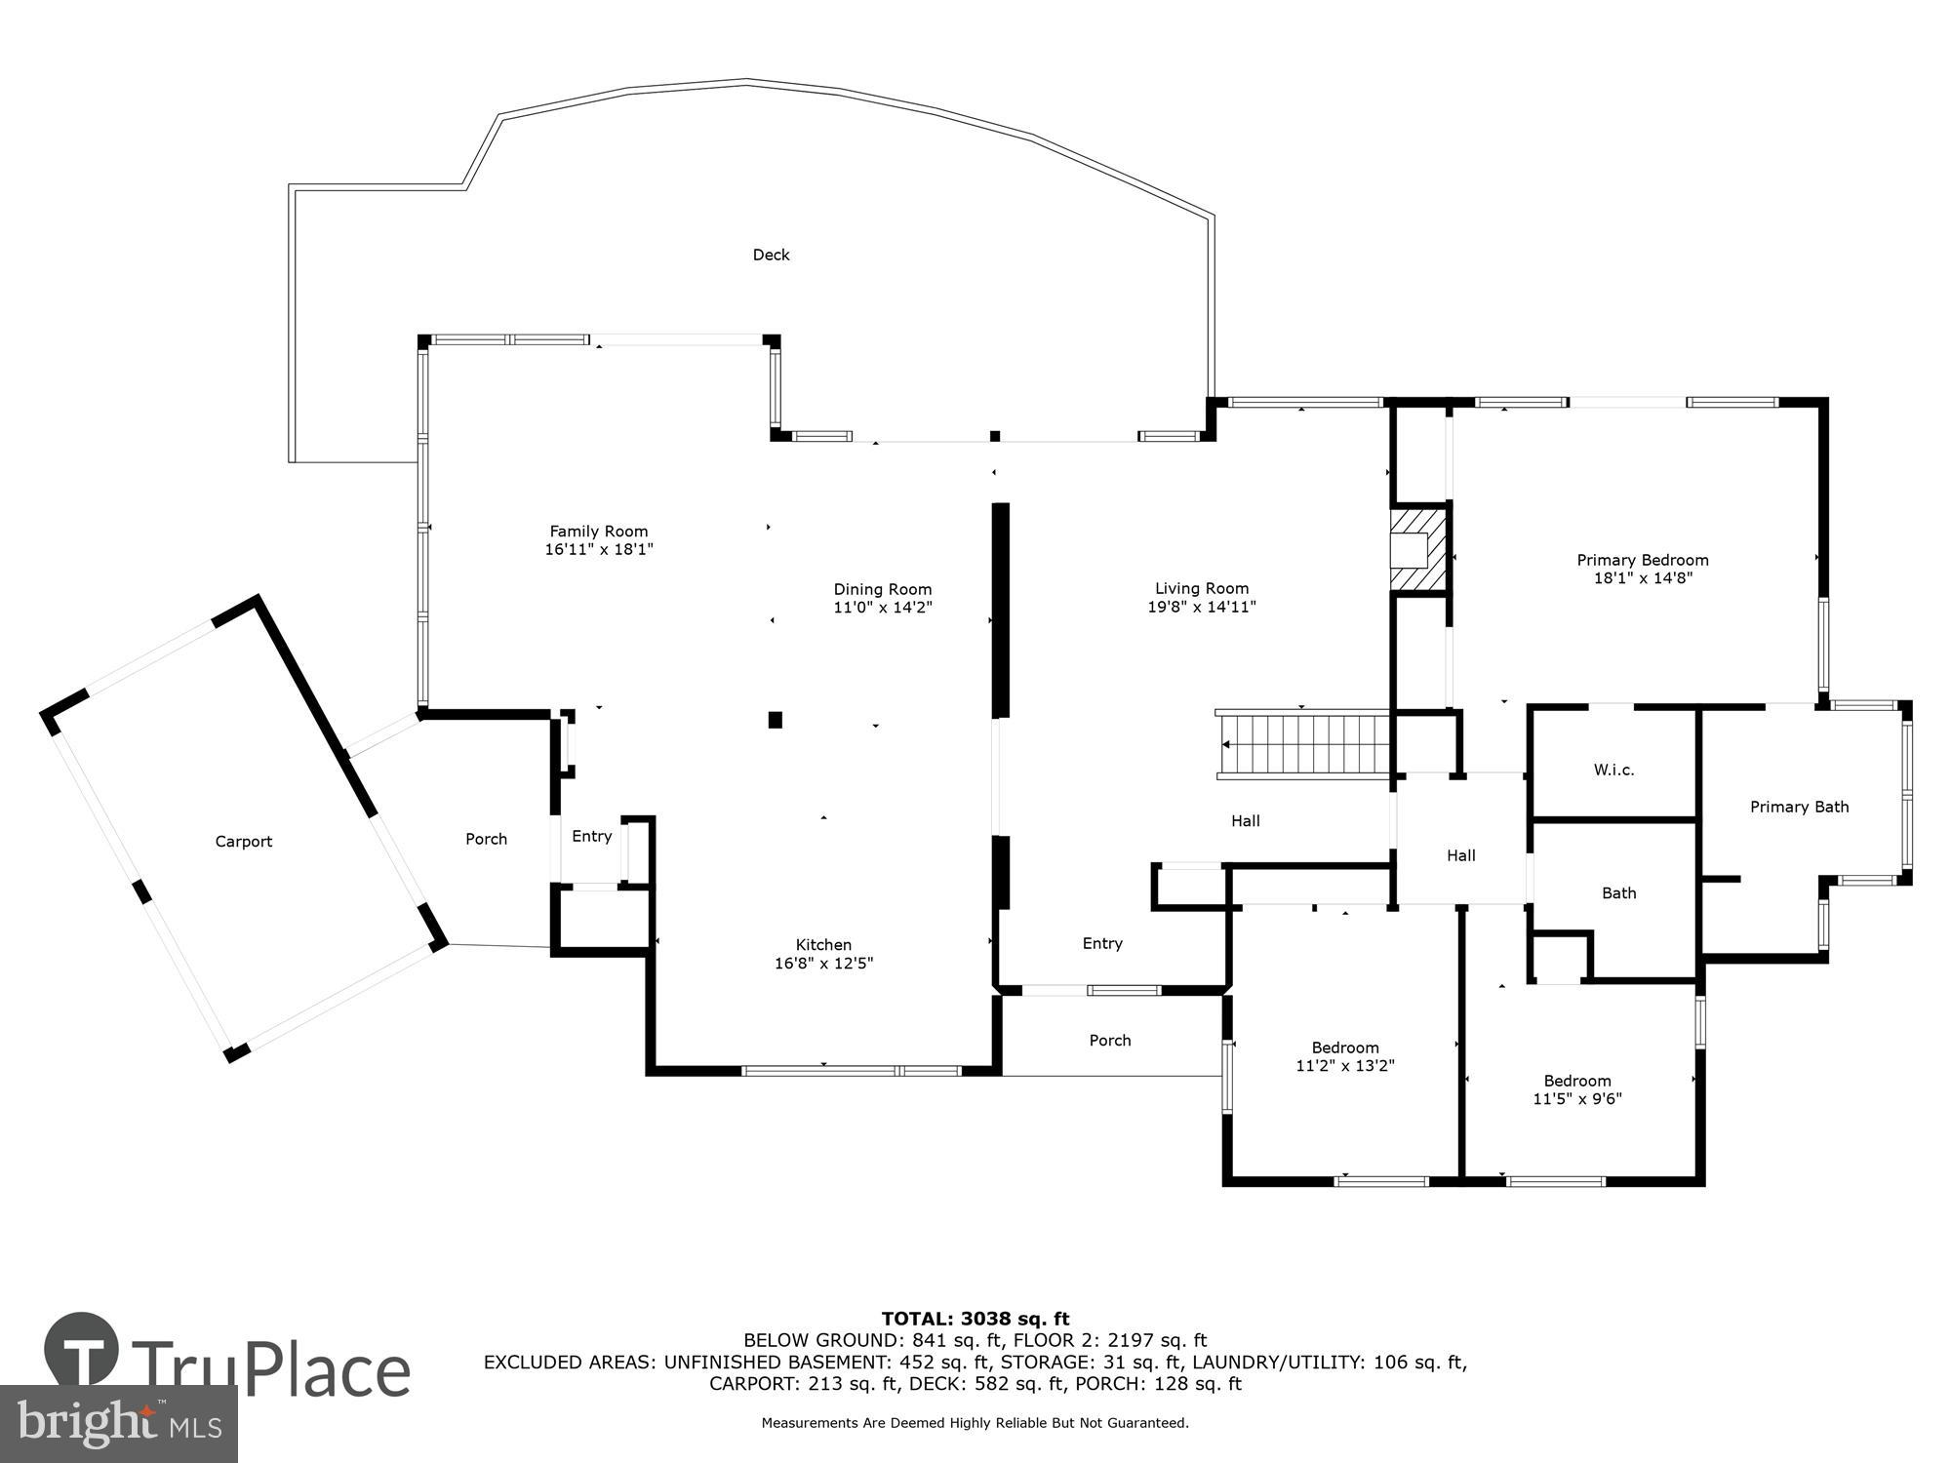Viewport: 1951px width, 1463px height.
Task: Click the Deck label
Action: coord(771,255)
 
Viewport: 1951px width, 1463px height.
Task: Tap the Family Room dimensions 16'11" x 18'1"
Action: coord(598,550)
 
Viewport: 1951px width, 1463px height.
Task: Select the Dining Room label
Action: coord(882,589)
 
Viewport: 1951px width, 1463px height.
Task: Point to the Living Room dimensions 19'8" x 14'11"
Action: coord(1201,607)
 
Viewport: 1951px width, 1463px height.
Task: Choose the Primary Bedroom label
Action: coord(1642,560)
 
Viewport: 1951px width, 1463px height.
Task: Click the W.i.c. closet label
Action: coord(1613,770)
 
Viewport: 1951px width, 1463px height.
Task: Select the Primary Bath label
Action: coord(1799,807)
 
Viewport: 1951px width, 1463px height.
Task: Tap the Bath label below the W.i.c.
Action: coord(1618,892)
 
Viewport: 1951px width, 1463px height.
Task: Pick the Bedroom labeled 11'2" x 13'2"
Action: coord(1344,1056)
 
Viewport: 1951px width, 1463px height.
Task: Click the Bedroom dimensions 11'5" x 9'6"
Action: coord(1576,1099)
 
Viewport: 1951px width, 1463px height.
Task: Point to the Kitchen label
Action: coord(823,944)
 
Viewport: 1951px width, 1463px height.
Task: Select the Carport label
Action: coord(243,842)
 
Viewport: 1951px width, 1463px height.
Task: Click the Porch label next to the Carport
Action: coord(486,839)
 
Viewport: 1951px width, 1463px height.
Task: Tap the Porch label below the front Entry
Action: coord(1110,1041)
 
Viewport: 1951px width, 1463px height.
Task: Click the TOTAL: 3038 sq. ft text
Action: coord(975,1320)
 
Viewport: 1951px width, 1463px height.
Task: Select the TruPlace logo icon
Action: coord(82,1351)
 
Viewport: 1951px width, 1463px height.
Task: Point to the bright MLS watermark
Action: coord(119,1424)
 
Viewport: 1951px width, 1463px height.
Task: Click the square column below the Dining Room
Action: coord(776,720)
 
